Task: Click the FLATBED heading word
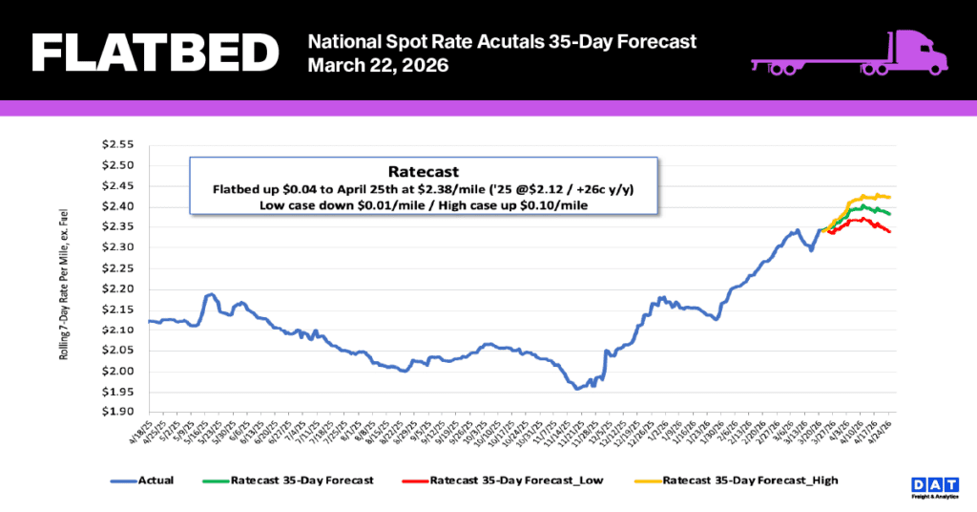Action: (154, 53)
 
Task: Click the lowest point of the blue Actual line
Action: (577, 389)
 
